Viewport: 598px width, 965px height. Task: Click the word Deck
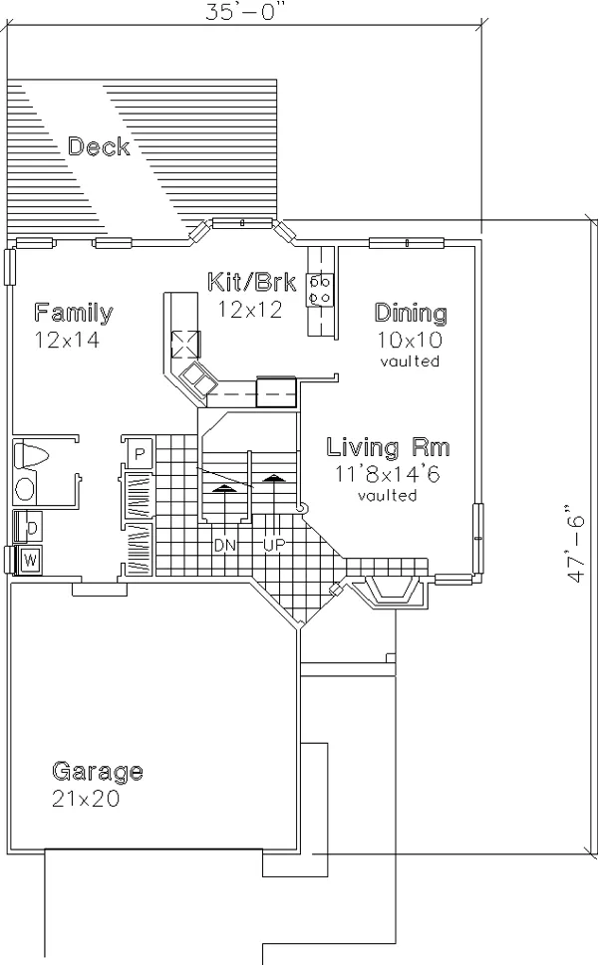(99, 146)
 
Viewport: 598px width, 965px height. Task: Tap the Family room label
(74, 313)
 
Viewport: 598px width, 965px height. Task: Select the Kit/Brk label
(252, 282)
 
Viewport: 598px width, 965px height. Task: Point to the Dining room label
(411, 314)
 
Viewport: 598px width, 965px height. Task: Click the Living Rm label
(388, 447)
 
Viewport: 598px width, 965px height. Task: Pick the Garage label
(98, 771)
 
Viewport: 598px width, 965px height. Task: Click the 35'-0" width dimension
(247, 12)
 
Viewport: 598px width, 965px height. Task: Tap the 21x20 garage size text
(86, 799)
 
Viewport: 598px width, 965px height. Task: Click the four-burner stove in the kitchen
(320, 291)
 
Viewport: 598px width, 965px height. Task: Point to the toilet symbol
(31, 455)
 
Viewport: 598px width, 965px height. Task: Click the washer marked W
(28, 560)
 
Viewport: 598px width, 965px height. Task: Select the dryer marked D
(28, 527)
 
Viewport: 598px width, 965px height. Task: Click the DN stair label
(225, 545)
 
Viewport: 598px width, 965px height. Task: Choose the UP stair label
(274, 545)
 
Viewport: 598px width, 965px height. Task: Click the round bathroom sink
(25, 490)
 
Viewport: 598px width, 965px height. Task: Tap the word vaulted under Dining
(410, 361)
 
